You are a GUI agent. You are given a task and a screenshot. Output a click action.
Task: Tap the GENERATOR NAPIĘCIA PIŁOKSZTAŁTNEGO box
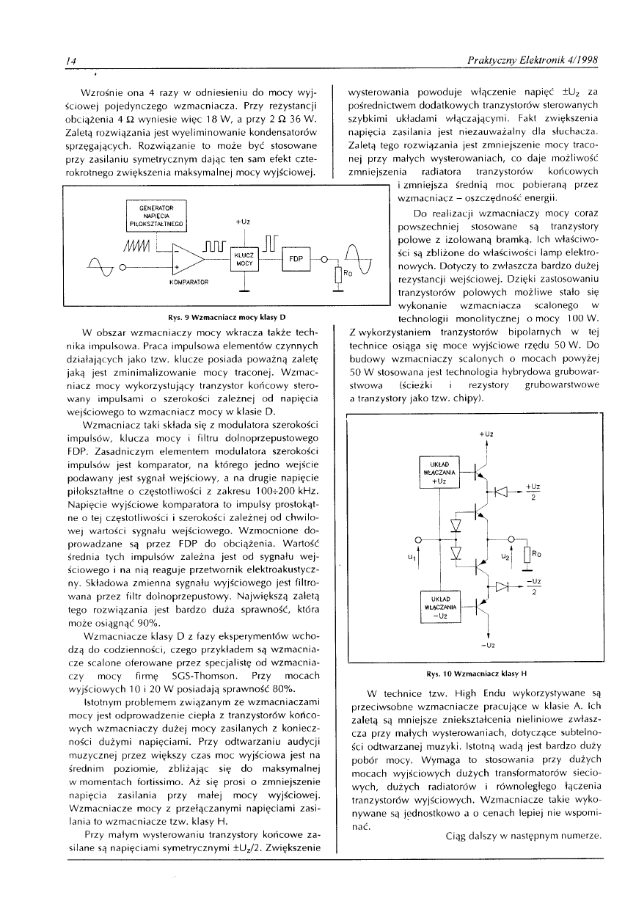click(x=157, y=216)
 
